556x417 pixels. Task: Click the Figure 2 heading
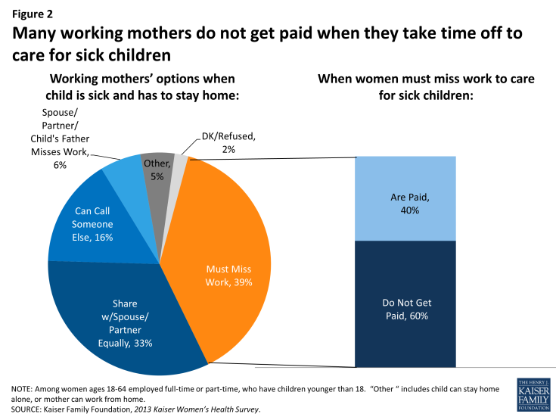click(31, 13)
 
